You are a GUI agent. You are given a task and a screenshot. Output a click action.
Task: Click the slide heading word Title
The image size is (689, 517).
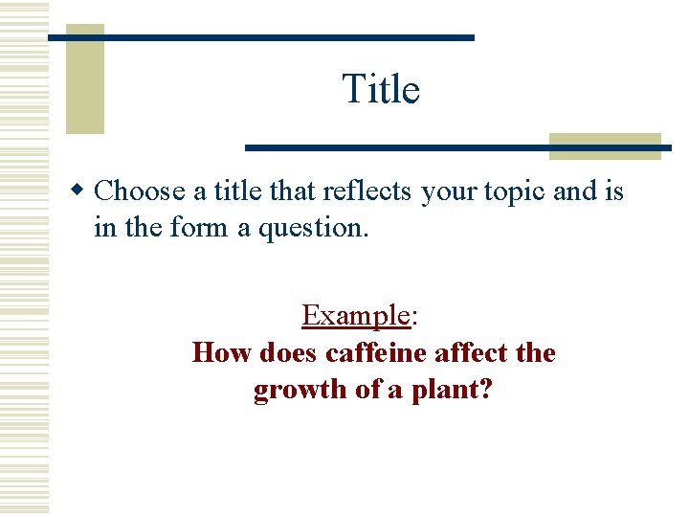click(x=381, y=90)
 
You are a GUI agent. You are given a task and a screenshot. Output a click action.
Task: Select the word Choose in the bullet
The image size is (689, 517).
click(x=140, y=191)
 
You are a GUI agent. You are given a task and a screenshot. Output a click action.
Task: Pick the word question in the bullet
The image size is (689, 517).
click(x=315, y=228)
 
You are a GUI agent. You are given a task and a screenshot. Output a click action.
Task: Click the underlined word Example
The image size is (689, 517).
click(x=355, y=315)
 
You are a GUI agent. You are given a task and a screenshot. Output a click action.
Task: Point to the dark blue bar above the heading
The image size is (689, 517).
click(x=260, y=37)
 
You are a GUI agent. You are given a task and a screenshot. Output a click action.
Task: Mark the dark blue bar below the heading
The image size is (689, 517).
click(x=457, y=147)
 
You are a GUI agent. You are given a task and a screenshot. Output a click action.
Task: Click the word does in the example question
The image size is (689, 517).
click(x=289, y=353)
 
